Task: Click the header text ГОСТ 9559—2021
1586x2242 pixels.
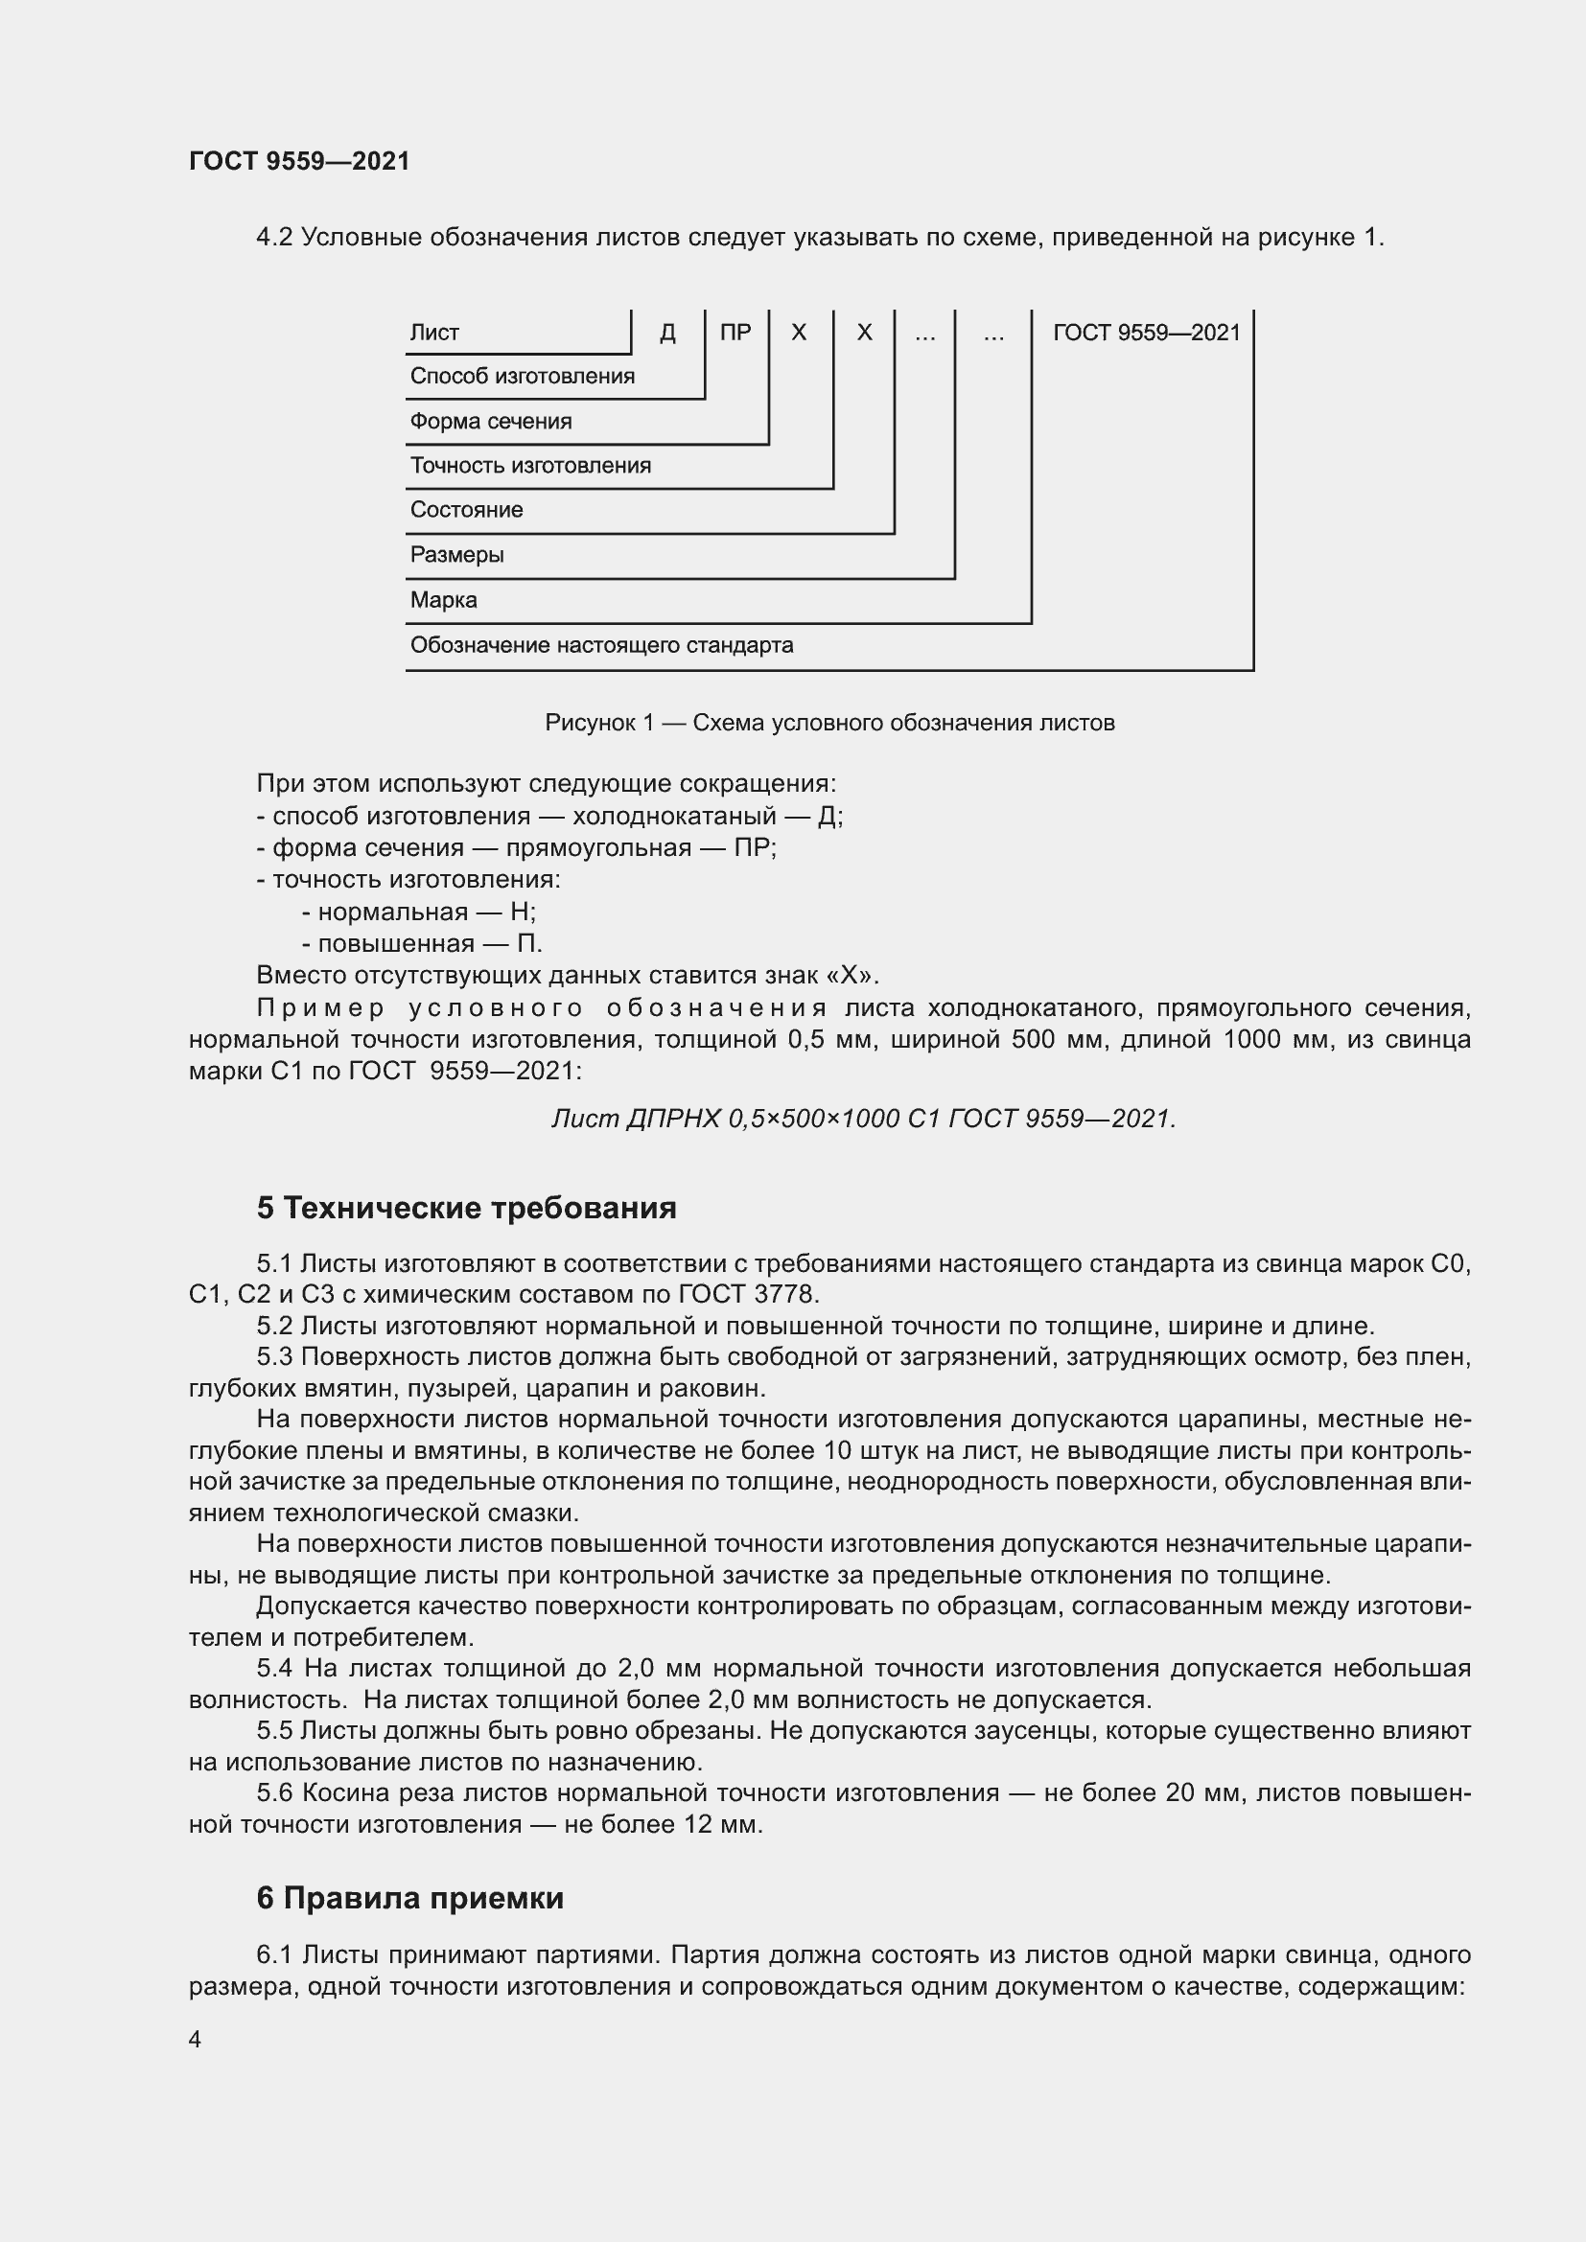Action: click(299, 161)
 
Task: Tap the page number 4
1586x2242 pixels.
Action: click(195, 2039)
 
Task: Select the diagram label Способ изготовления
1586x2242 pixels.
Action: click(522, 377)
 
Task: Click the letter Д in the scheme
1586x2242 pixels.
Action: click(668, 333)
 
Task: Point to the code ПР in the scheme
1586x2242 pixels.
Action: click(735, 333)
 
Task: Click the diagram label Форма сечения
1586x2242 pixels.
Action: click(490, 422)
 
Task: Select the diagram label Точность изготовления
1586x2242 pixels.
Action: click(529, 466)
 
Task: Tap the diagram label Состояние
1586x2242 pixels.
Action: click(466, 510)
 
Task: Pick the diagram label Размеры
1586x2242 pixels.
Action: click(456, 555)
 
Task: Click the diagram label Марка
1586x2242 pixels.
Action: click(443, 599)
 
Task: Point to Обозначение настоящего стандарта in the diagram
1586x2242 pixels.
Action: click(600, 645)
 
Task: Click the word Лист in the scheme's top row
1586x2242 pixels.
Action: click(433, 333)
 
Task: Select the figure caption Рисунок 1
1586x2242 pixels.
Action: click(829, 723)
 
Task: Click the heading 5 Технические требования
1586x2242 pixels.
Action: click(466, 1208)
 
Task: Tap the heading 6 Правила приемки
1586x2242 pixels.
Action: click(410, 1897)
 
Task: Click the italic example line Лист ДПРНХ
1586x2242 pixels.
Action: click(863, 1118)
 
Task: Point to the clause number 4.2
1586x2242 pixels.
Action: click(274, 238)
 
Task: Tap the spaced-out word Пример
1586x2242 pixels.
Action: click(321, 1007)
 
